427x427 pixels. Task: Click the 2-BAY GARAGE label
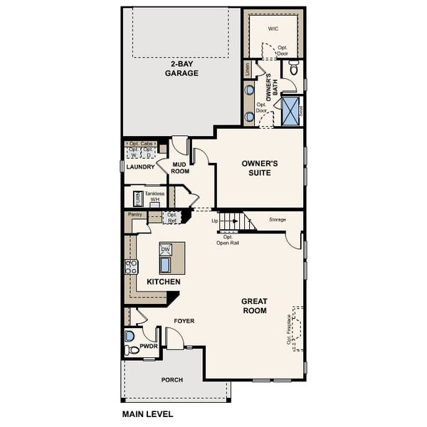point(181,68)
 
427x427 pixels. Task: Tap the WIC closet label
point(273,29)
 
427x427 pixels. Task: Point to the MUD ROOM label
point(180,167)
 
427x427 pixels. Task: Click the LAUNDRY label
point(140,167)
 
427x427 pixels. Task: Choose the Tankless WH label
point(154,196)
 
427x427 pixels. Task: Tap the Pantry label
point(135,213)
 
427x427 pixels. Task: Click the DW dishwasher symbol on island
point(165,249)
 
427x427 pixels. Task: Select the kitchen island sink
point(165,265)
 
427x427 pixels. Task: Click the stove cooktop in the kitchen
point(132,267)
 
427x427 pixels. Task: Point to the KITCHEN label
point(163,282)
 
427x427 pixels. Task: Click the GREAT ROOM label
point(254,305)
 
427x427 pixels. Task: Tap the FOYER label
point(184,321)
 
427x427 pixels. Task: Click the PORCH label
point(172,380)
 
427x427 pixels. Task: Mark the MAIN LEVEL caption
point(147,413)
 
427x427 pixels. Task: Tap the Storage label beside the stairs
point(277,220)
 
